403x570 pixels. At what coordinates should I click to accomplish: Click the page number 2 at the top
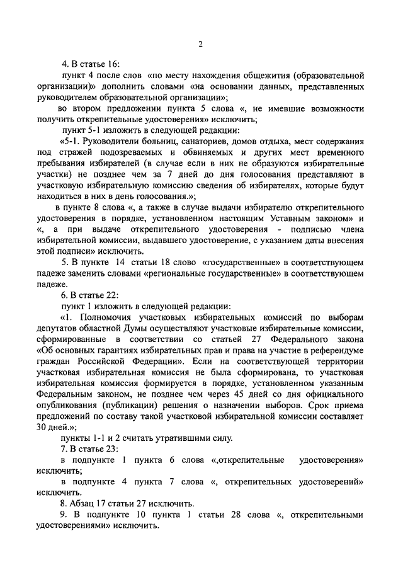(200, 43)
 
